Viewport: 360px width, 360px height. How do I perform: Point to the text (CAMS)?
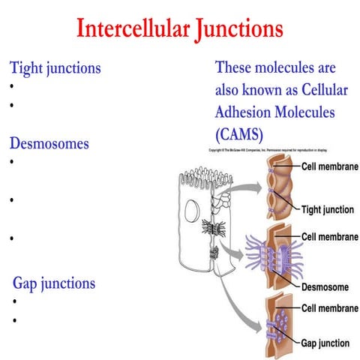point(244,135)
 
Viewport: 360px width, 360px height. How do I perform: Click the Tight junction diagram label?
point(327,209)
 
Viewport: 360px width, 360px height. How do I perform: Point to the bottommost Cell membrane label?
point(328,308)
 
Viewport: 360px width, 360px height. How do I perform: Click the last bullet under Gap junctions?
point(16,320)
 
